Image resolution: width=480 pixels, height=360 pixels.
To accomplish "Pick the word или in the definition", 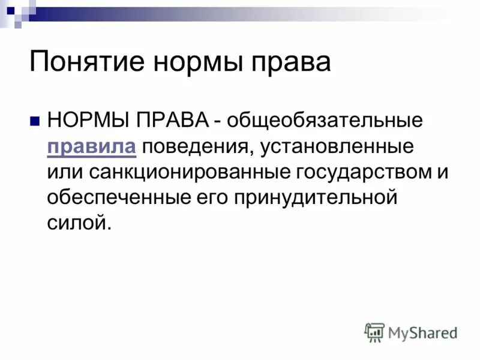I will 65,172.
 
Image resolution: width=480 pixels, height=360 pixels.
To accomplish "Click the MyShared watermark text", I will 423,332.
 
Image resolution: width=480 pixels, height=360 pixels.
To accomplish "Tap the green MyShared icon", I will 374,332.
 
